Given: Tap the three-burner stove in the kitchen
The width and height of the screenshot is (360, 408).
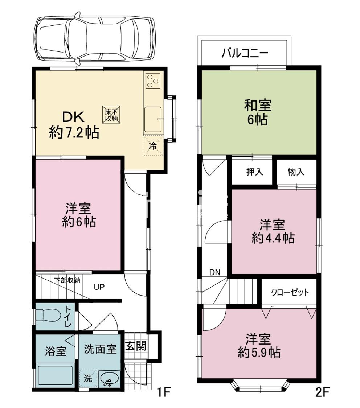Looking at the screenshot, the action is tap(153, 81).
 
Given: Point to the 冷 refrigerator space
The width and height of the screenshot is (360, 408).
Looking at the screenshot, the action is tap(153, 146).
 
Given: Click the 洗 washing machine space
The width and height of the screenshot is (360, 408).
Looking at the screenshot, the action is tap(88, 378).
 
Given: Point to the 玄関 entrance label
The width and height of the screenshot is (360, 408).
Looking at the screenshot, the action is tap(136, 346).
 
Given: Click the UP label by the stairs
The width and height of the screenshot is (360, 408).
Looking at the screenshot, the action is tap(99, 287).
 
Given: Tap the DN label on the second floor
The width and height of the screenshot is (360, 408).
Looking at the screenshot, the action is tap(215, 272).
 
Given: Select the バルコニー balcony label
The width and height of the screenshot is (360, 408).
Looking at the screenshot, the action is tap(245, 53).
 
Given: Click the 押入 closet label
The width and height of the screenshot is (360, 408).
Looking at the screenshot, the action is tap(255, 172).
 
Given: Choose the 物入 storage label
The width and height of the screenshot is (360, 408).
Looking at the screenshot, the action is tap(296, 172).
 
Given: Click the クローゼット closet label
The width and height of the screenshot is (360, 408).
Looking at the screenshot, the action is tap(290, 292).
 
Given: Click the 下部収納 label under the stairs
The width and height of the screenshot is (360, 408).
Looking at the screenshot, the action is tap(67, 280).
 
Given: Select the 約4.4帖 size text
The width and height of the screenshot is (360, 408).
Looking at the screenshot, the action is tap(273, 238).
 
